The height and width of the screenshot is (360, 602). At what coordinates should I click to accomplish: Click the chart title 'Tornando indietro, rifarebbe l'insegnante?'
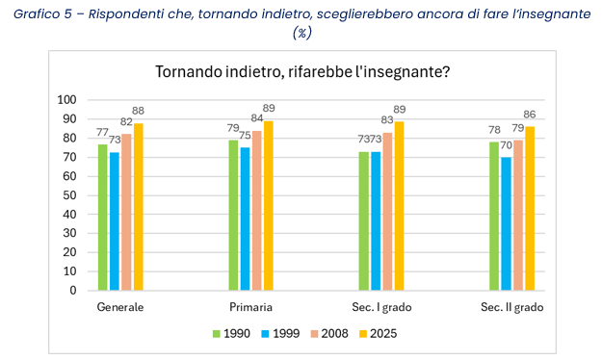click(x=303, y=73)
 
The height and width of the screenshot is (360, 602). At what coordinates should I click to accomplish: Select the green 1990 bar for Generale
click(x=103, y=217)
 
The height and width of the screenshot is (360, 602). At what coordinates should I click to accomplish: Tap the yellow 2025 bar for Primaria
click(x=268, y=205)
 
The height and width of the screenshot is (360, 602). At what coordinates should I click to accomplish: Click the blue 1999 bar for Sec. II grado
click(x=507, y=223)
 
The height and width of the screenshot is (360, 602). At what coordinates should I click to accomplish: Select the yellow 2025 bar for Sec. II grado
click(x=530, y=208)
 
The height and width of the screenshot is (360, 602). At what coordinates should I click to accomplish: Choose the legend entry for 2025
click(x=379, y=334)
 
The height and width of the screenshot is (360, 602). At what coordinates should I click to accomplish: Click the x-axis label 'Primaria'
click(x=250, y=307)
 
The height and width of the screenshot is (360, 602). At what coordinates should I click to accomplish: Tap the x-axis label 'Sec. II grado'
click(x=511, y=307)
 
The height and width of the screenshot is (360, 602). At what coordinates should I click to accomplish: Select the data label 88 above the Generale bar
click(x=139, y=111)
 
